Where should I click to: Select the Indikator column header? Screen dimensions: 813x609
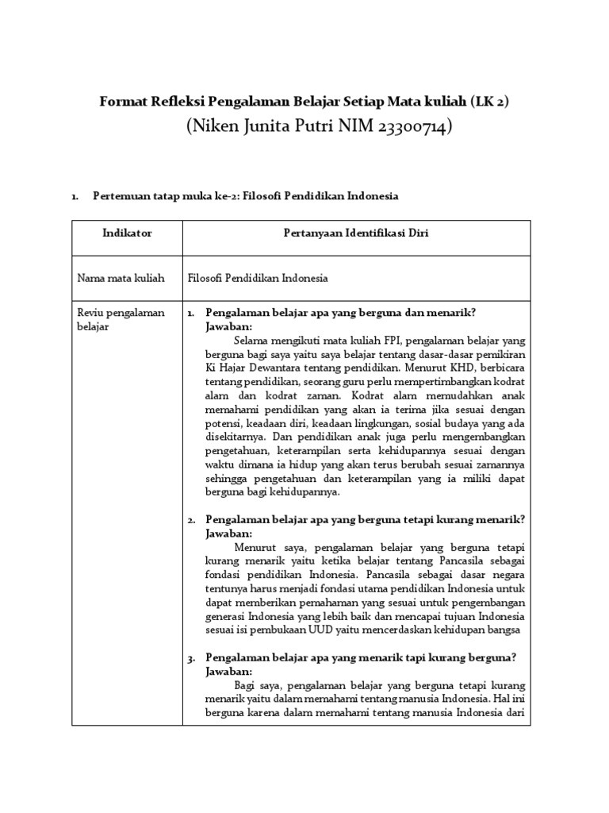coord(127,233)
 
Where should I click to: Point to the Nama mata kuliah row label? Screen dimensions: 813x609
coord(121,279)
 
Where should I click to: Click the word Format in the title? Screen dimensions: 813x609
coord(121,102)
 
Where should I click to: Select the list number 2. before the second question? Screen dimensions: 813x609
coord(192,520)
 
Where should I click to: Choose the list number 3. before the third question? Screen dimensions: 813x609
coord(192,657)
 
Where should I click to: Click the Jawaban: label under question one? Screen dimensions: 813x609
coord(228,326)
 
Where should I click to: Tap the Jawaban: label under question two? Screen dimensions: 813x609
coord(228,534)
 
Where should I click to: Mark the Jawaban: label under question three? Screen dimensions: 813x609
coord(228,671)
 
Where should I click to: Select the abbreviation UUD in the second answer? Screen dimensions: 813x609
coord(325,630)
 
